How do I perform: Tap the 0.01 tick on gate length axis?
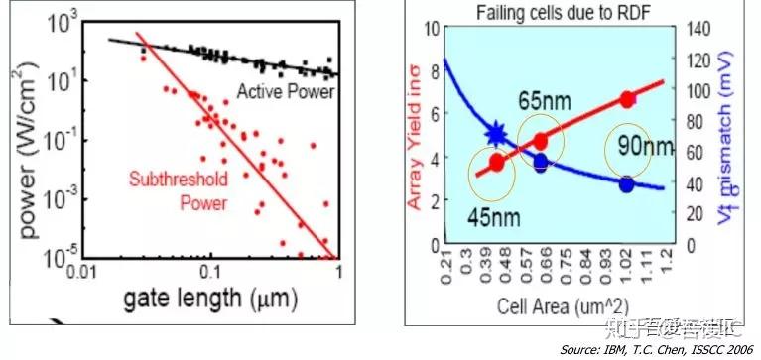click(x=77, y=270)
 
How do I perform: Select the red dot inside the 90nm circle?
click(x=626, y=99)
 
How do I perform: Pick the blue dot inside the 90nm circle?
click(x=626, y=184)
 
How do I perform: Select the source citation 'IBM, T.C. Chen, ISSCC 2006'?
click(x=656, y=350)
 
